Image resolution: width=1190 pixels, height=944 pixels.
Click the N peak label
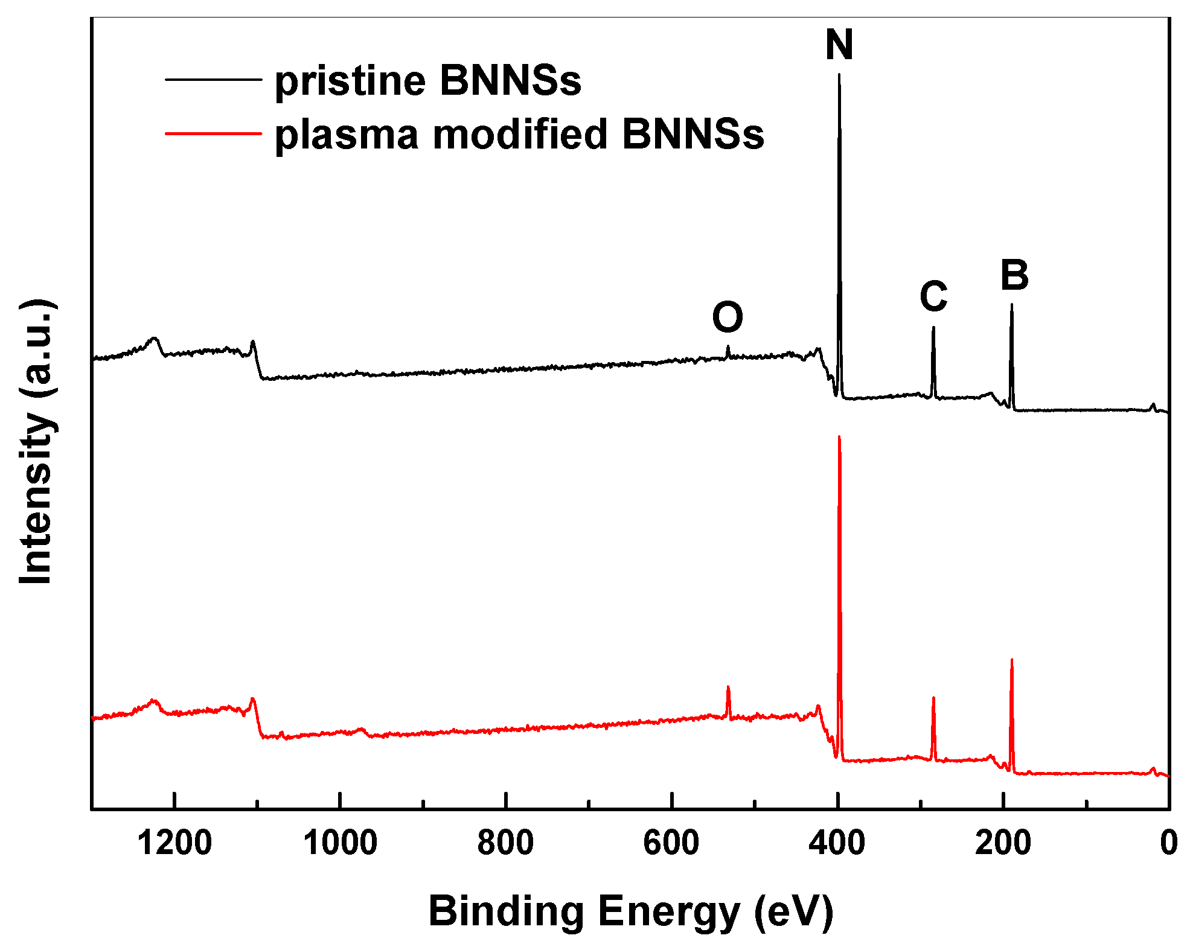point(839,45)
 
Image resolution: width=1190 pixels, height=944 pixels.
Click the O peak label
point(727,317)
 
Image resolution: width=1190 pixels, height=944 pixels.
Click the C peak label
point(933,296)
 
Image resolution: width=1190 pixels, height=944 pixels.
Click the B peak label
point(1014,275)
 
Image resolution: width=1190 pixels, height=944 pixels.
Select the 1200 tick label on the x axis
point(174,843)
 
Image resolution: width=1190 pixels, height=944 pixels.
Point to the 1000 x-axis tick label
point(340,843)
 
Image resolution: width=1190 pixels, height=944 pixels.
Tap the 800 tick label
point(505,843)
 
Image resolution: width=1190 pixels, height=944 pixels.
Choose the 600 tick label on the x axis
point(671,843)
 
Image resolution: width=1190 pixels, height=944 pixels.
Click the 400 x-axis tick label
point(837,843)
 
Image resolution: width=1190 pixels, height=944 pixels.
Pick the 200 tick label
point(1002,843)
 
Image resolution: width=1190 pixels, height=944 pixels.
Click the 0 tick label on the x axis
point(1168,843)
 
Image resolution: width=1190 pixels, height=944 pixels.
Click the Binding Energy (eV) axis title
point(630,911)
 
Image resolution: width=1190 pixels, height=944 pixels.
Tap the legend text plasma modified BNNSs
point(519,134)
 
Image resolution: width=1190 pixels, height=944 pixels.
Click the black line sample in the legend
point(213,79)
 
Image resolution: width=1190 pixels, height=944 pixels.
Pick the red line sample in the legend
point(213,133)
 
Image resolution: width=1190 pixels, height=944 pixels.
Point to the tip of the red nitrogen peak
point(839,436)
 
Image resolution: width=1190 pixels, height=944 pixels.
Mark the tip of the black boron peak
point(1012,305)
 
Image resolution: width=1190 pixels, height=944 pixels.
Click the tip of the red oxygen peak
point(728,686)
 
